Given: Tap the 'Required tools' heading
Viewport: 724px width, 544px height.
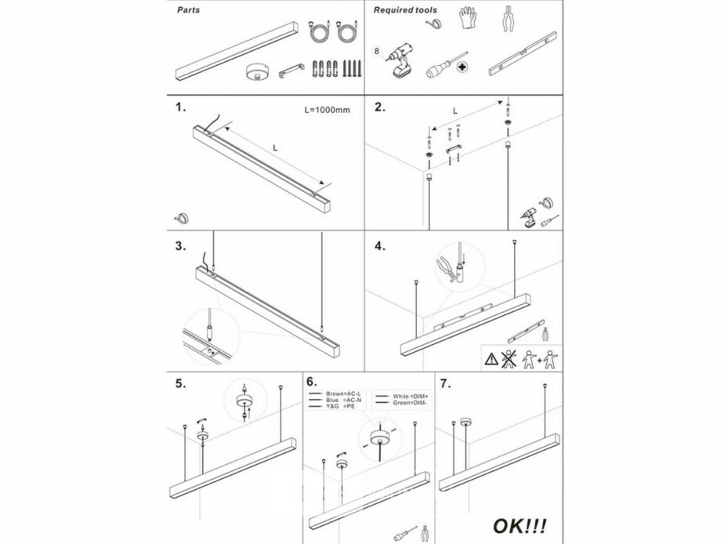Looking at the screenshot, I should (x=405, y=11).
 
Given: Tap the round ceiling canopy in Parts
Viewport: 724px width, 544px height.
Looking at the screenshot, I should (x=255, y=71).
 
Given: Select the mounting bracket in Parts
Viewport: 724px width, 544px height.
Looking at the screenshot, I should (x=292, y=71).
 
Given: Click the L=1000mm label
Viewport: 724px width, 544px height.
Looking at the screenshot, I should (x=326, y=111).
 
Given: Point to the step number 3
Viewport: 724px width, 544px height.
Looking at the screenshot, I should (x=181, y=245).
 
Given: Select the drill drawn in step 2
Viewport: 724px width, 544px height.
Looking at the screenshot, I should (x=529, y=216).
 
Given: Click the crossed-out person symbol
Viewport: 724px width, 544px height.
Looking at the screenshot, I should (x=509, y=359).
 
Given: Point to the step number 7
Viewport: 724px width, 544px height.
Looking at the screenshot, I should (x=446, y=383).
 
